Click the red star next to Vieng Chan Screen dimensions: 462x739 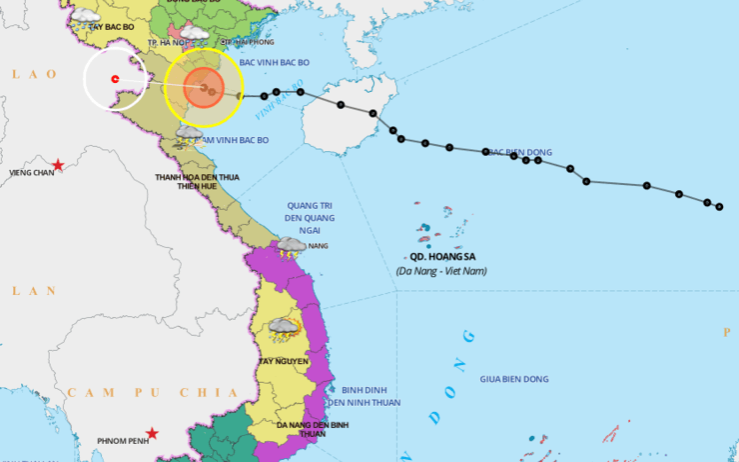point(59,164)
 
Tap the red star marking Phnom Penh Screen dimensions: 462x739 point(152,433)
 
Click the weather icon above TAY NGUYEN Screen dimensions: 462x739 point(282,328)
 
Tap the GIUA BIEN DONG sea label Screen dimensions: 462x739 point(514,379)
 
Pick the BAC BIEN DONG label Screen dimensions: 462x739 point(516,152)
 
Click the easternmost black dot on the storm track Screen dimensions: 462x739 point(719,207)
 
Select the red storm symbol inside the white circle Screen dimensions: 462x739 point(115,78)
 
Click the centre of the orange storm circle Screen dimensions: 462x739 point(204,89)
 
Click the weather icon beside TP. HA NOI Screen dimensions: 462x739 point(195,34)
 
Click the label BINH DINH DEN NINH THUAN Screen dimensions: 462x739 point(370,396)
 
